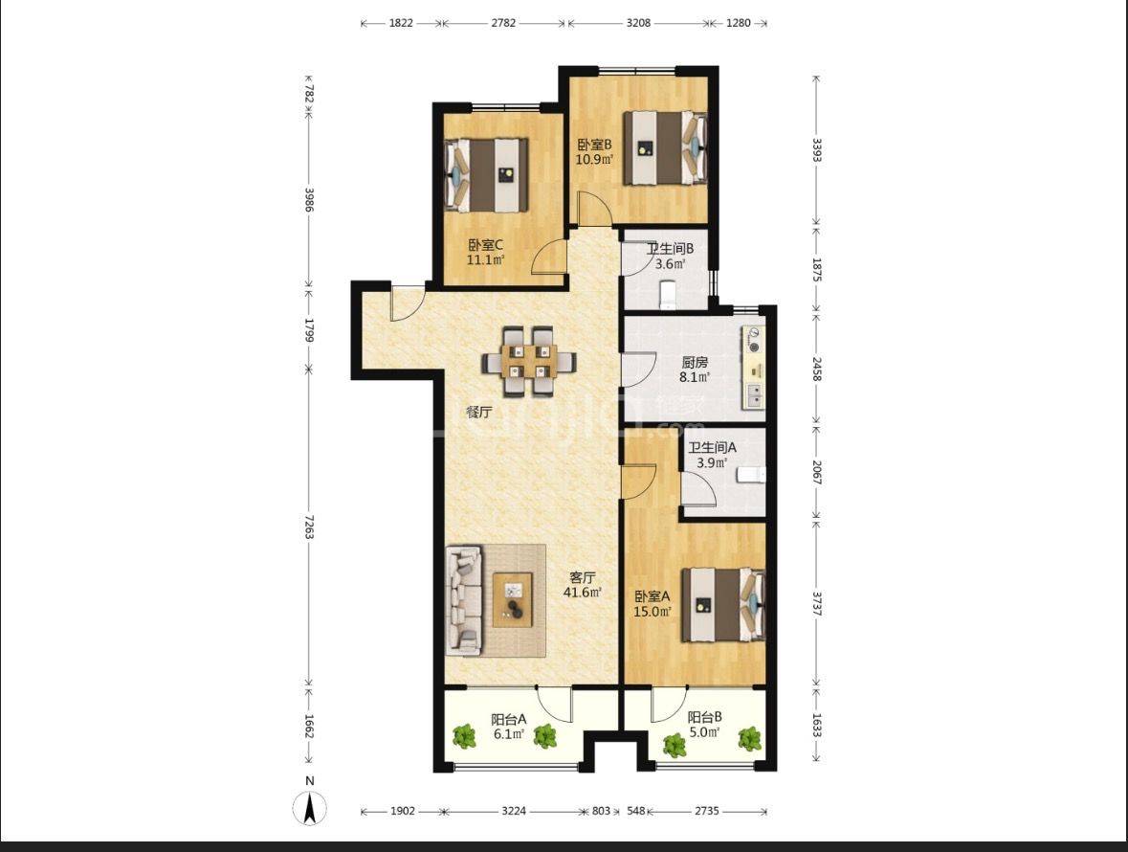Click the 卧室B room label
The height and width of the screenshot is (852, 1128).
(x=594, y=144)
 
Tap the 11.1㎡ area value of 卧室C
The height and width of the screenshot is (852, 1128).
(x=486, y=259)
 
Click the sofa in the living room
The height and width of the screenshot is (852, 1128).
(x=464, y=601)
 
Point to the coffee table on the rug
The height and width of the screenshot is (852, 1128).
(x=512, y=599)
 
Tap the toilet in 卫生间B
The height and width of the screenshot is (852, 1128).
(x=669, y=294)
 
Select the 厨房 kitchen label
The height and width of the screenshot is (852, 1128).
(x=695, y=362)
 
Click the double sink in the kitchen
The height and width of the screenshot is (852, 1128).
(x=755, y=395)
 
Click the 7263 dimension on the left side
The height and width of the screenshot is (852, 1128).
(x=309, y=526)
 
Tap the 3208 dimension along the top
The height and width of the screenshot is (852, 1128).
(x=638, y=23)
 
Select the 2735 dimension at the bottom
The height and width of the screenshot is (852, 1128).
(x=706, y=811)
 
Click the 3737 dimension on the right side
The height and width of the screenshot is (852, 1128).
(x=816, y=603)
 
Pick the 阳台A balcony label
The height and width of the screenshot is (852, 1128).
(x=509, y=719)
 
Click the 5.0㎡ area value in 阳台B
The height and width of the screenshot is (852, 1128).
(x=704, y=732)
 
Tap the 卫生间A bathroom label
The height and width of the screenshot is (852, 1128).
(x=712, y=448)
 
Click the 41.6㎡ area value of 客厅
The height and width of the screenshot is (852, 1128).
(x=582, y=593)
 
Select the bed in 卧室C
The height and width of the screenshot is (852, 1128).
(x=487, y=175)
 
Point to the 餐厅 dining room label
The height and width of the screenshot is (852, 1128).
(x=479, y=413)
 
